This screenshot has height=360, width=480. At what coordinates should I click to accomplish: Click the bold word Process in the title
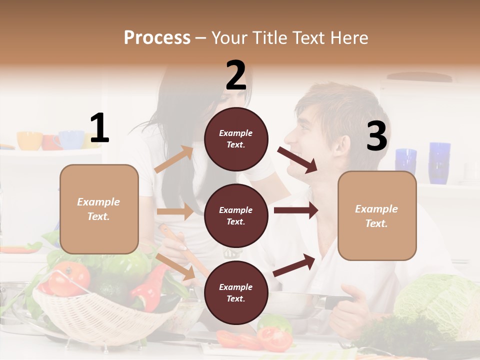pyautogui.click(x=157, y=37)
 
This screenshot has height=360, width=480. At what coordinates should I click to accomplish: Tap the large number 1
pyautogui.click(x=99, y=128)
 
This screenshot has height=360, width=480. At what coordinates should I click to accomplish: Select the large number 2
pyautogui.click(x=236, y=75)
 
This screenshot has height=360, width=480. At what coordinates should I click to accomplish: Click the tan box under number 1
pyautogui.click(x=99, y=209)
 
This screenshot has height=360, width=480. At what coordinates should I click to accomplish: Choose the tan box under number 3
pyautogui.click(x=377, y=215)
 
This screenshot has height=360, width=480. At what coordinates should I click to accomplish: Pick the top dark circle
pyautogui.click(x=236, y=138)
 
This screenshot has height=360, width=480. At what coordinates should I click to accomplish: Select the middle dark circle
pyautogui.click(x=236, y=215)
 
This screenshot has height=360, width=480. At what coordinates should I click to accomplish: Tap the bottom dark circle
pyautogui.click(x=236, y=292)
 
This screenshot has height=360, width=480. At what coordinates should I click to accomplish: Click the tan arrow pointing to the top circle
pyautogui.click(x=173, y=159)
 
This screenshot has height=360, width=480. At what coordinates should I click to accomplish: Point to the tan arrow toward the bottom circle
pyautogui.click(x=175, y=266)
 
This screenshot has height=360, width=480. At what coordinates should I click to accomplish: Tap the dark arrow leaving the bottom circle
pyautogui.click(x=294, y=265)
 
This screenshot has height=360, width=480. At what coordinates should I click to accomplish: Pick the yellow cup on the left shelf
pyautogui.click(x=29, y=140)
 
